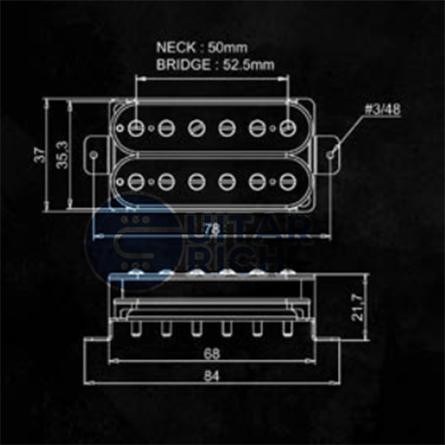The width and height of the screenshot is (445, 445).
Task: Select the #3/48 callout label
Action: coord(382,110)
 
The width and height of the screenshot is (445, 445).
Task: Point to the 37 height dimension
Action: coord(38,155)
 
